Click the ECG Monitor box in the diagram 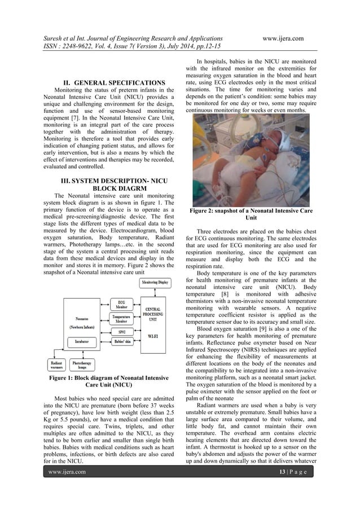(x=122, y=304)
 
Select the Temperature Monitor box (x=122, y=319)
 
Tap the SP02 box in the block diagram (x=122, y=332)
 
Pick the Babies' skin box (x=122, y=343)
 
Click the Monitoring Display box (x=154, y=282)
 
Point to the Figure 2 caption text (x=251, y=214)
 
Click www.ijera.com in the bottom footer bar (x=68, y=472)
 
